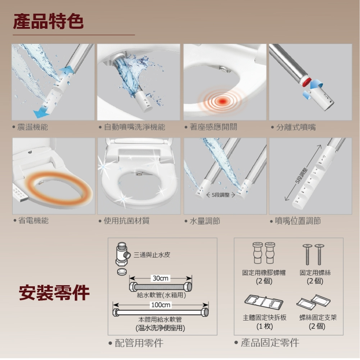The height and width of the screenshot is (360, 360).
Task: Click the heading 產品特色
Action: point(48,21)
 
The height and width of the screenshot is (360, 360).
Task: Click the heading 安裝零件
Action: point(54,292)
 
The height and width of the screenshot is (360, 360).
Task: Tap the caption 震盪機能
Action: point(32,127)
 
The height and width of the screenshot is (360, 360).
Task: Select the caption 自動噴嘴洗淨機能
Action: point(135,127)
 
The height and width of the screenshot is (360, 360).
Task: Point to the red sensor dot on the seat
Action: point(222,101)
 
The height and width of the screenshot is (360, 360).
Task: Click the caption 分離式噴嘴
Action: point(296,127)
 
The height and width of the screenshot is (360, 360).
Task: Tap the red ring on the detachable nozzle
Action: point(306,81)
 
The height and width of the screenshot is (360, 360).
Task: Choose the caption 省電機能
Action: point(33,220)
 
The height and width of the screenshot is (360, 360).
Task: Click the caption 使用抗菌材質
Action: point(126,221)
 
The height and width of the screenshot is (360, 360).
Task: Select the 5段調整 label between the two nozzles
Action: point(221,195)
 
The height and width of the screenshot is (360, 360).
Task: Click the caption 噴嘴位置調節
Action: point(298,221)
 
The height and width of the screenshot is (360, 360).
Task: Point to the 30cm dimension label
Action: point(161,278)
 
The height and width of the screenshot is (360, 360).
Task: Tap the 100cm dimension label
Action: point(161,305)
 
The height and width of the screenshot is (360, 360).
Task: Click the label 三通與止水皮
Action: point(152,255)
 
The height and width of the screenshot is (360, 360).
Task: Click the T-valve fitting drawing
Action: point(123,254)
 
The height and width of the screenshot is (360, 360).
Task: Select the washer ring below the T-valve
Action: point(122,271)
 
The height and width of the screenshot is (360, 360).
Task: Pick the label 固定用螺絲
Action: point(315,273)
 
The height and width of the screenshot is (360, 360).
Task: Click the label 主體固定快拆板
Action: point(265,318)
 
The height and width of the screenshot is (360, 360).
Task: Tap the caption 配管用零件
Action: point(139,343)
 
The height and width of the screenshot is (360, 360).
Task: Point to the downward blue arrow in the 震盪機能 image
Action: point(41,112)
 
